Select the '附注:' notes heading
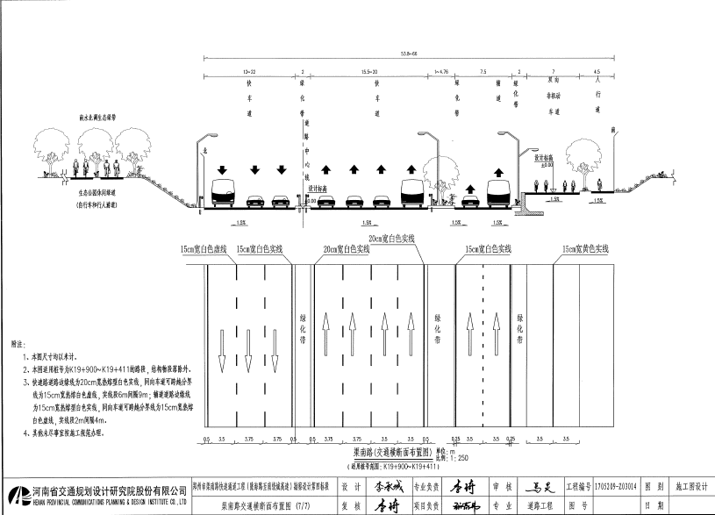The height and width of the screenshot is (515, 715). click(18, 345)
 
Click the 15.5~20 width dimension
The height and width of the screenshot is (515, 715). click(368, 69)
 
